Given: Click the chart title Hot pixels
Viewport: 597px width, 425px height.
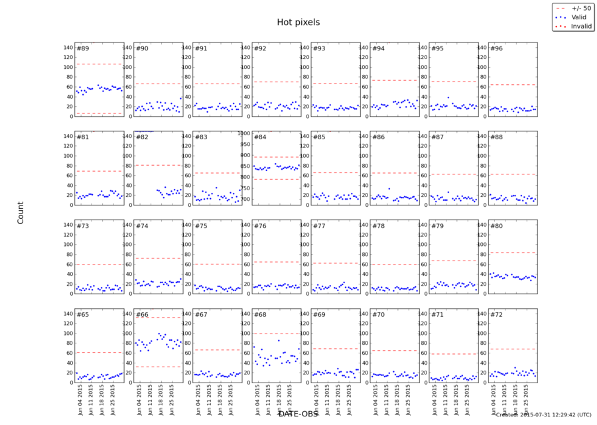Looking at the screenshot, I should pos(298,23).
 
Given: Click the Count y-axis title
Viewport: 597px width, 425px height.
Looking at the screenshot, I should pos(20,212).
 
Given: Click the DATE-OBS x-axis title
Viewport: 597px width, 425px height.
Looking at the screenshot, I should pos(298,414).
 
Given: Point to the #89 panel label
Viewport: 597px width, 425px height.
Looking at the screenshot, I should pos(83,48).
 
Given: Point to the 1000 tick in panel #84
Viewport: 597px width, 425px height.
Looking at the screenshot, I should pos(243,133).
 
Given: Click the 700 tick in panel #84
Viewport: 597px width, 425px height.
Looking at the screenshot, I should pos(244,200).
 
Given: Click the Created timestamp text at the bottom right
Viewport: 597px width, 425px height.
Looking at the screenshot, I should pos(543,415).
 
